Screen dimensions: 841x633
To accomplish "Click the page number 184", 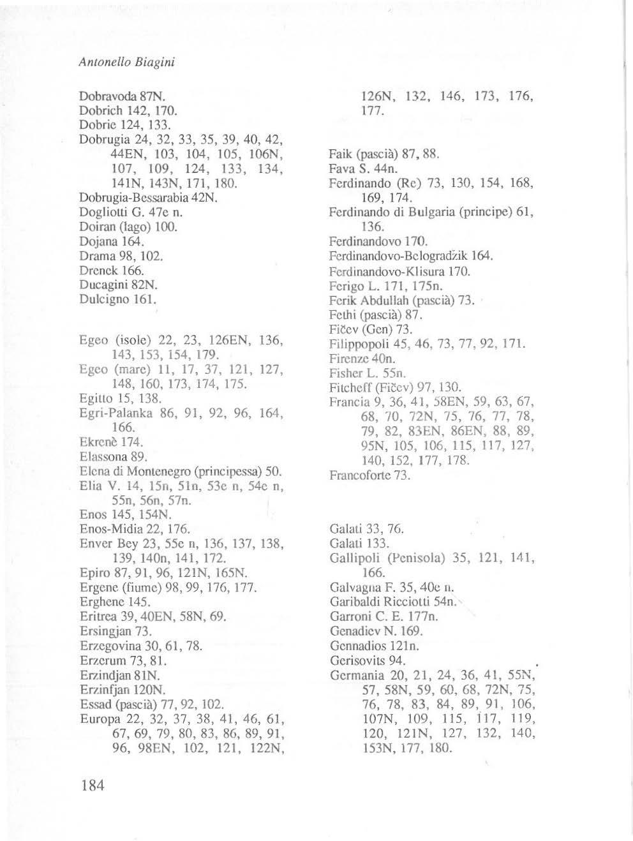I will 93,785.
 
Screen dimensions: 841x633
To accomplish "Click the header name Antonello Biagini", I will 126,63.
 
